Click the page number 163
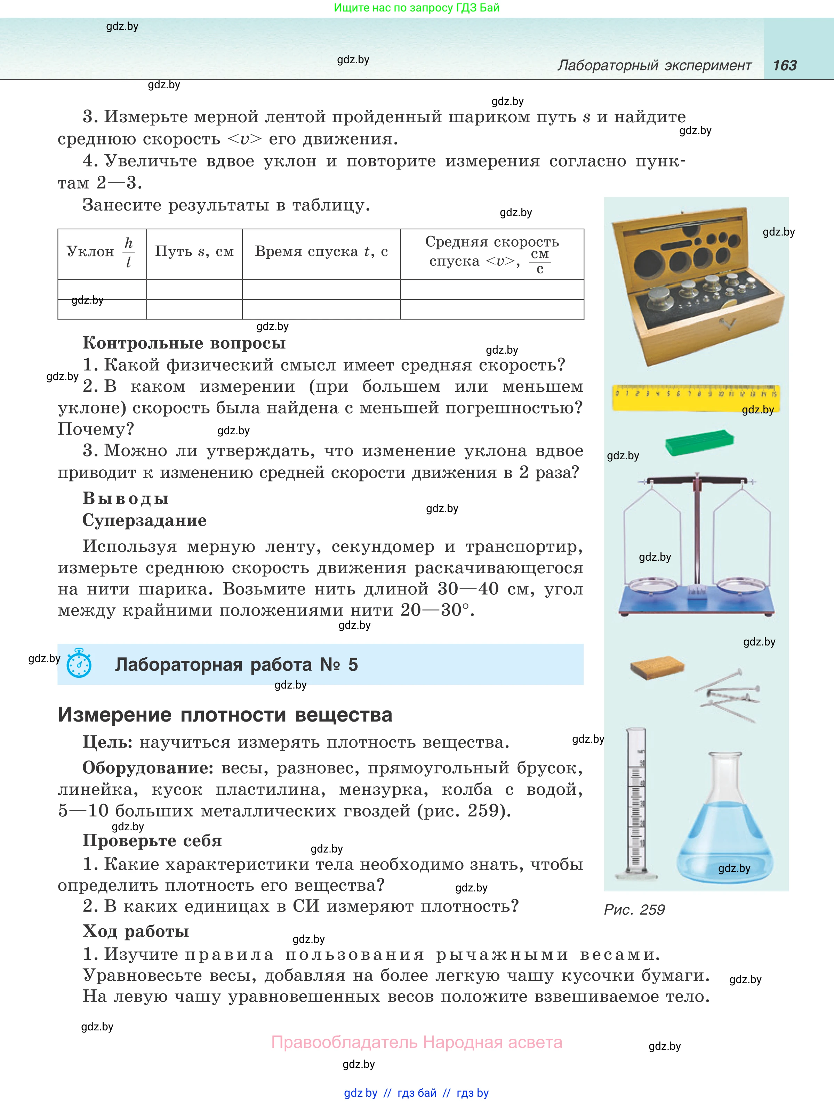pyautogui.click(x=785, y=65)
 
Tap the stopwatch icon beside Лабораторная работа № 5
pyautogui.click(x=79, y=663)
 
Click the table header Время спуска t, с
pyautogui.click(x=321, y=252)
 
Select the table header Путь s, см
pyautogui.click(x=194, y=252)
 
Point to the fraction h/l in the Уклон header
pyautogui.click(x=128, y=252)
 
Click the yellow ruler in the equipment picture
pyautogui.click(x=695, y=397)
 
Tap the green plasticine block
pyautogui.click(x=699, y=441)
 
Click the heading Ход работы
pyautogui.click(x=136, y=931)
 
